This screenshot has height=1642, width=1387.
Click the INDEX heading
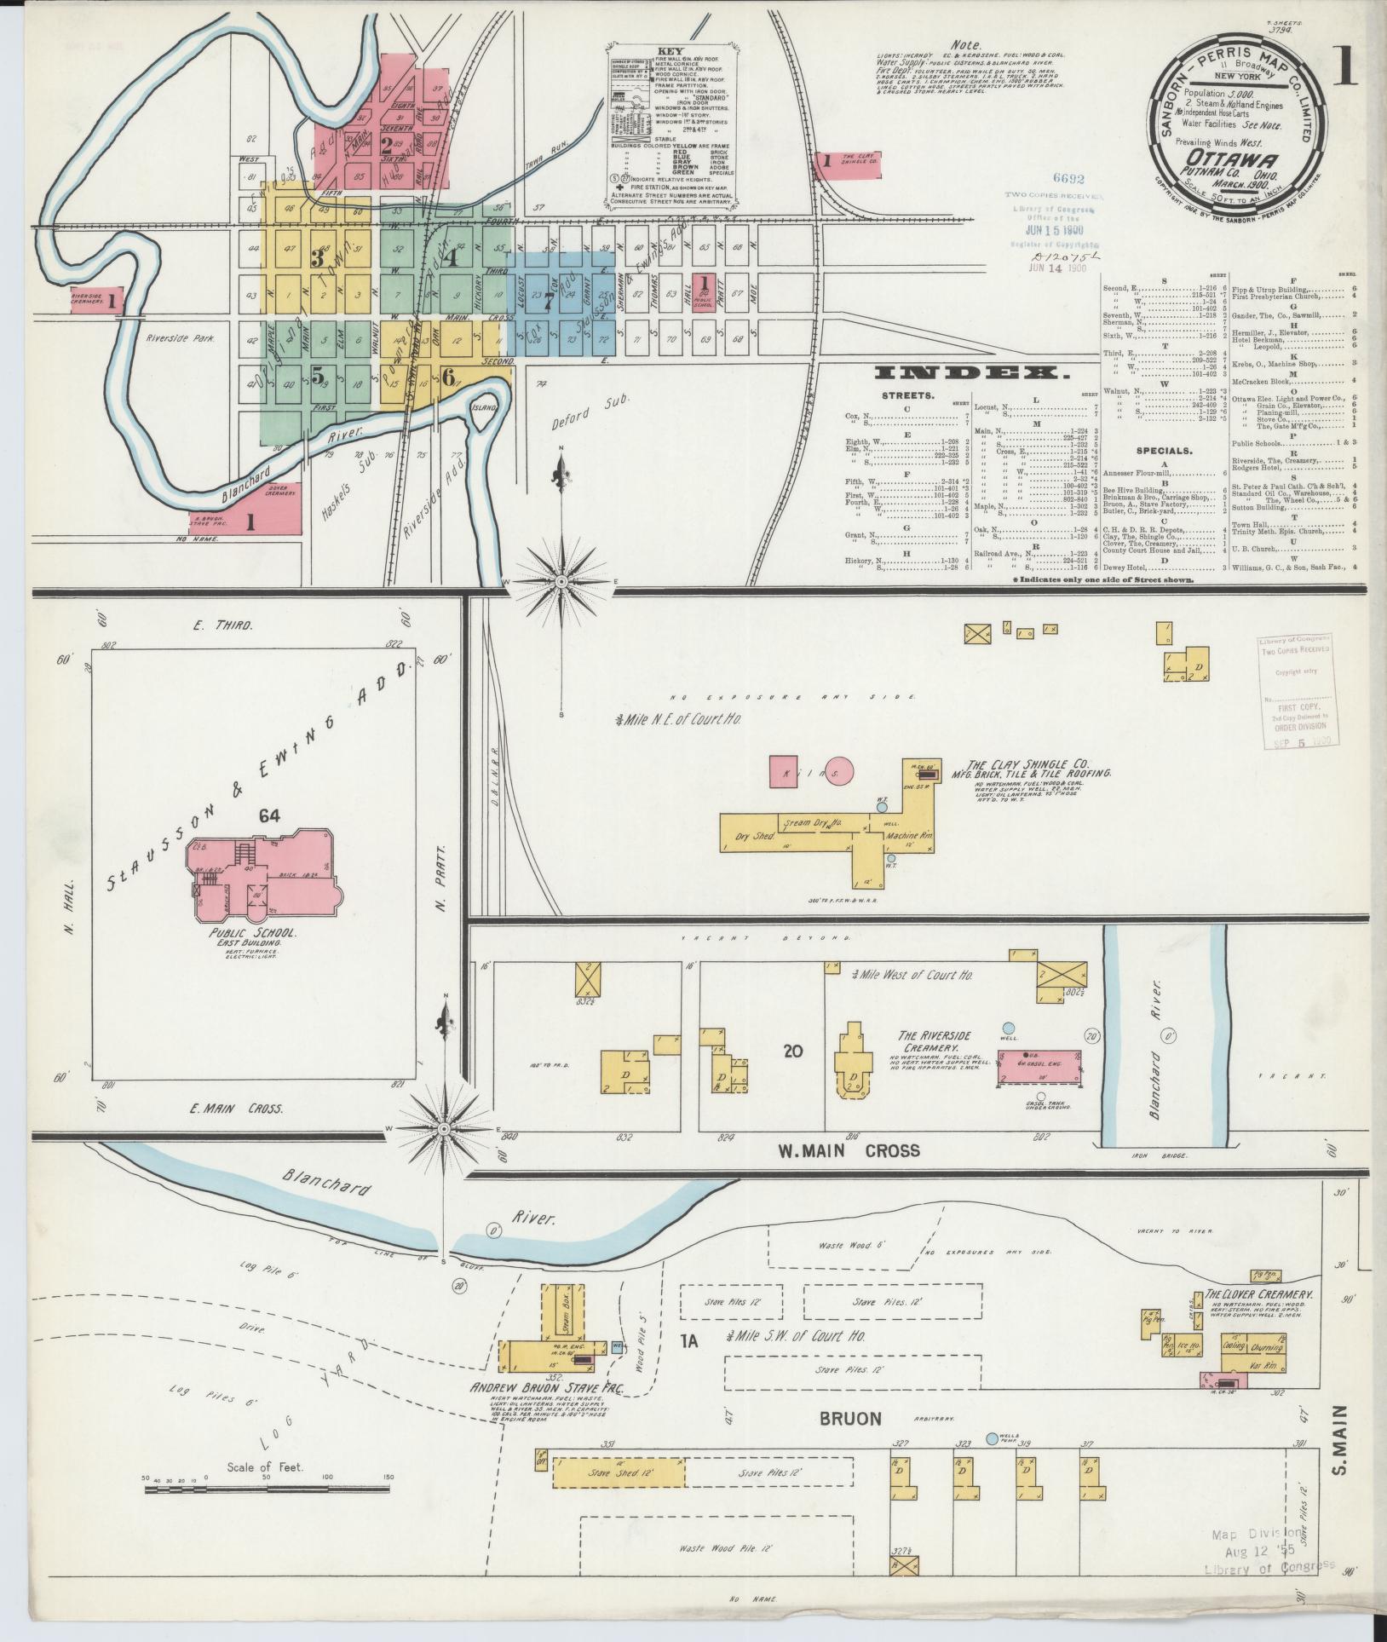(x=970, y=372)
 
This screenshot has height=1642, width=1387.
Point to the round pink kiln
(x=839, y=773)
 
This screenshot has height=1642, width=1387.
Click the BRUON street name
(x=850, y=1419)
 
